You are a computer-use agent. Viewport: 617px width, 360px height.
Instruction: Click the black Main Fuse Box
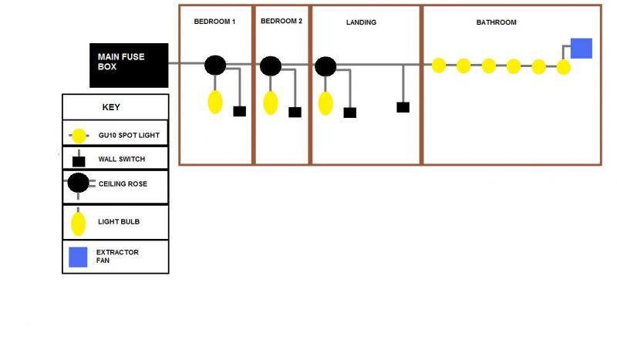click(x=128, y=65)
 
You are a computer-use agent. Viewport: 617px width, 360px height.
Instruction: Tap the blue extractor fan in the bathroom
click(x=581, y=48)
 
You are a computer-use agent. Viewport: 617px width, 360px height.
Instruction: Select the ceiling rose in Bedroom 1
click(x=215, y=66)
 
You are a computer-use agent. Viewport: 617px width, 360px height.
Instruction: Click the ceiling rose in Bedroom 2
click(x=270, y=66)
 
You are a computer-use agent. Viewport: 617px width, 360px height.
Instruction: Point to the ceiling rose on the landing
click(x=325, y=66)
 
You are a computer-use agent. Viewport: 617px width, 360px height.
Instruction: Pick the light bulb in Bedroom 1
click(x=215, y=101)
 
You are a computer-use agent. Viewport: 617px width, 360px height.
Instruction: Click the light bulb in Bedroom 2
click(x=271, y=102)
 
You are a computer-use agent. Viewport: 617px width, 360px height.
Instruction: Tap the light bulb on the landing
click(x=325, y=103)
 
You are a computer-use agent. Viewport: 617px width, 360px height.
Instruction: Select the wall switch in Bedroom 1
click(x=239, y=111)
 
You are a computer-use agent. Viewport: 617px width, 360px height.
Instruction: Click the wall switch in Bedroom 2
click(x=295, y=113)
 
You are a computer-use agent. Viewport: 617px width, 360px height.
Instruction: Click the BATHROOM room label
click(x=496, y=22)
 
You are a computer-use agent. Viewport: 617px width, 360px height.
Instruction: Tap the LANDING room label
click(x=361, y=22)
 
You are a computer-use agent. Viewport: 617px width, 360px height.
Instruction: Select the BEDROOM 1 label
click(x=214, y=22)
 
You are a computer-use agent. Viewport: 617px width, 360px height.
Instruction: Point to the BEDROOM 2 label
click(x=282, y=22)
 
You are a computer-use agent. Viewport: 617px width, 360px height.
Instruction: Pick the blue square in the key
click(x=78, y=257)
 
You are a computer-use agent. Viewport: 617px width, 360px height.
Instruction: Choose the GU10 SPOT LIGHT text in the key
click(x=129, y=136)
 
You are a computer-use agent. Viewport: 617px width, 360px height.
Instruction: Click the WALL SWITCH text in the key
click(x=121, y=160)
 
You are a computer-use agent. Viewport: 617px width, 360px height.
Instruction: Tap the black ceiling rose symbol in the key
click(x=78, y=183)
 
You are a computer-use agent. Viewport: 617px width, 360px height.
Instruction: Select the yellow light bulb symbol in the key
click(x=78, y=224)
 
